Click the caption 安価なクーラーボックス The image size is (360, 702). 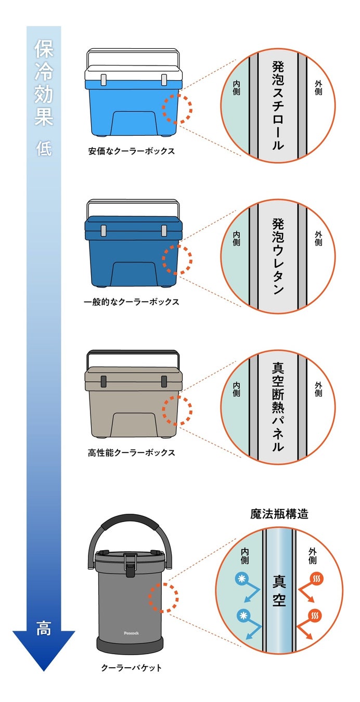click(131, 152)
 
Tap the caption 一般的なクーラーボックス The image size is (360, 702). click(131, 302)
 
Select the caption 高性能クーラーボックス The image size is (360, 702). click(131, 452)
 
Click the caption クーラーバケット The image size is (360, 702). click(131, 668)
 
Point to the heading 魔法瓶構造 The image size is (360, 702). click(279, 514)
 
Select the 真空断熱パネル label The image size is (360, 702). click(278, 407)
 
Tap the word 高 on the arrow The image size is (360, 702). click(44, 628)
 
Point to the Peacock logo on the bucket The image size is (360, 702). click(133, 632)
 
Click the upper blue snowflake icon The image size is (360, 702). click(241, 578)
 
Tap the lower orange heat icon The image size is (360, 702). click(315, 616)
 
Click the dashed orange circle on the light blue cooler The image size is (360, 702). click(177, 109)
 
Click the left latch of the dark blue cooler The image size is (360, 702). click(104, 230)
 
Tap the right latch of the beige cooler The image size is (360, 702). click(164, 380)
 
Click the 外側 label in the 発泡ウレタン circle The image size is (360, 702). click(318, 239)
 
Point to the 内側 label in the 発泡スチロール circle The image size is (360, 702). click(237, 88)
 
